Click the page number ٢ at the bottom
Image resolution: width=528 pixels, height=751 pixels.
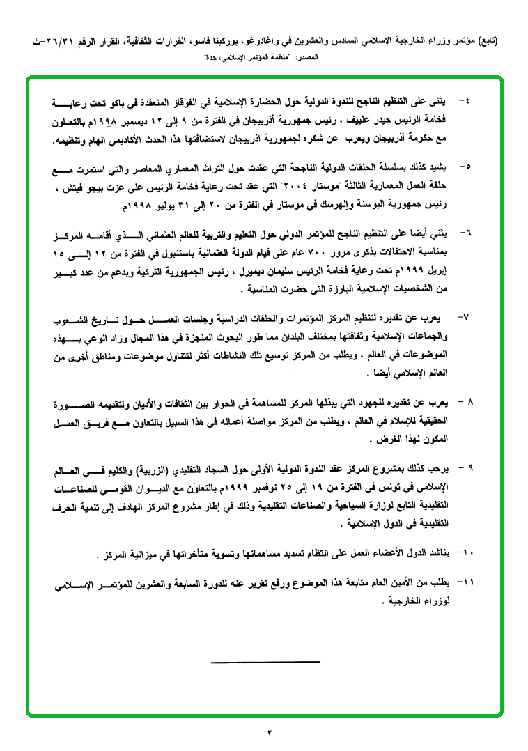pyautogui.click(x=268, y=731)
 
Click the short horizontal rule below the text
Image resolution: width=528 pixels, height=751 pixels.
pyautogui.click(x=265, y=660)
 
